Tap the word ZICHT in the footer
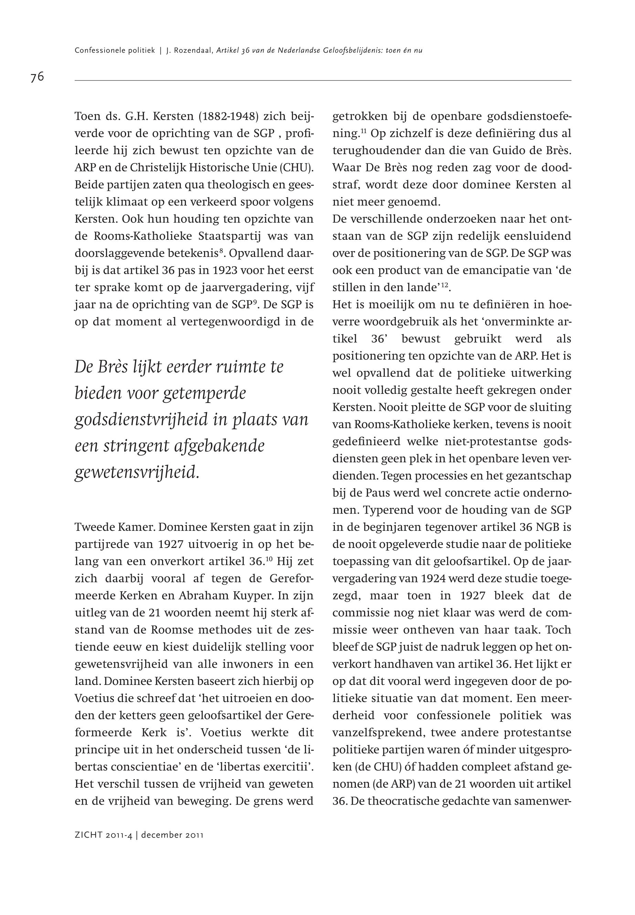point(89,835)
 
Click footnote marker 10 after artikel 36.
point(269,559)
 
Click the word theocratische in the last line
point(401,801)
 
